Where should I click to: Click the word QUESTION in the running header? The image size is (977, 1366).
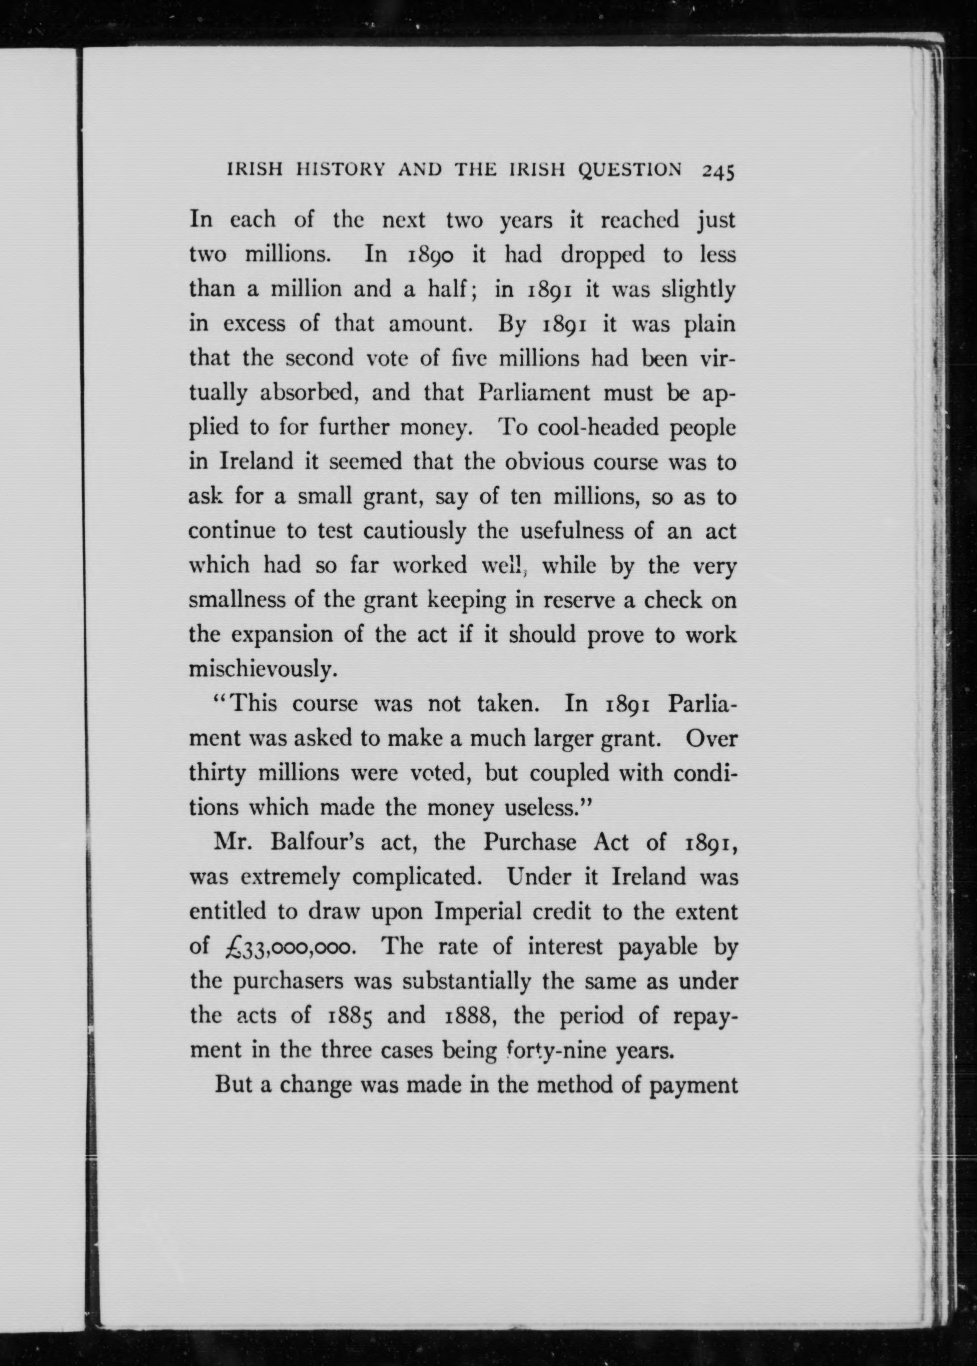[x=629, y=170]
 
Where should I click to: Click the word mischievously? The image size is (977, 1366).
[x=261, y=669]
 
